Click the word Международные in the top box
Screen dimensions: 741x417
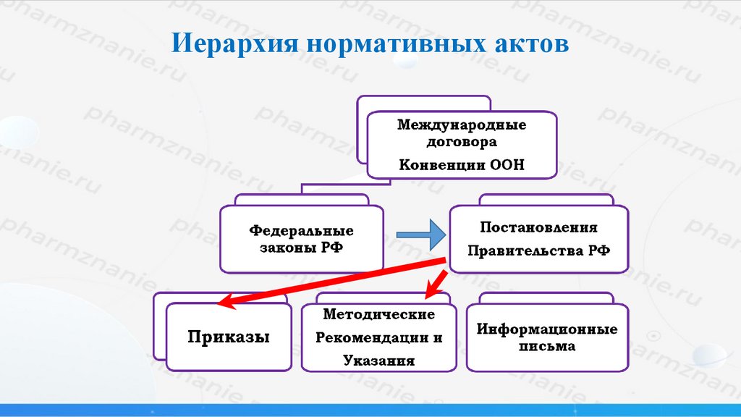click(462, 125)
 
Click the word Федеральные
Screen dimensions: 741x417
click(302, 231)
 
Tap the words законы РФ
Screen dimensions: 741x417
click(302, 248)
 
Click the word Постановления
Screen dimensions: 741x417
click(539, 227)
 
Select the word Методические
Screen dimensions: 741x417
click(378, 315)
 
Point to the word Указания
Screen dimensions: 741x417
click(378, 361)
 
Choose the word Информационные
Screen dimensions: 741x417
click(547, 329)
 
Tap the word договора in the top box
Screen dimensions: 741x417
click(462, 142)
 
